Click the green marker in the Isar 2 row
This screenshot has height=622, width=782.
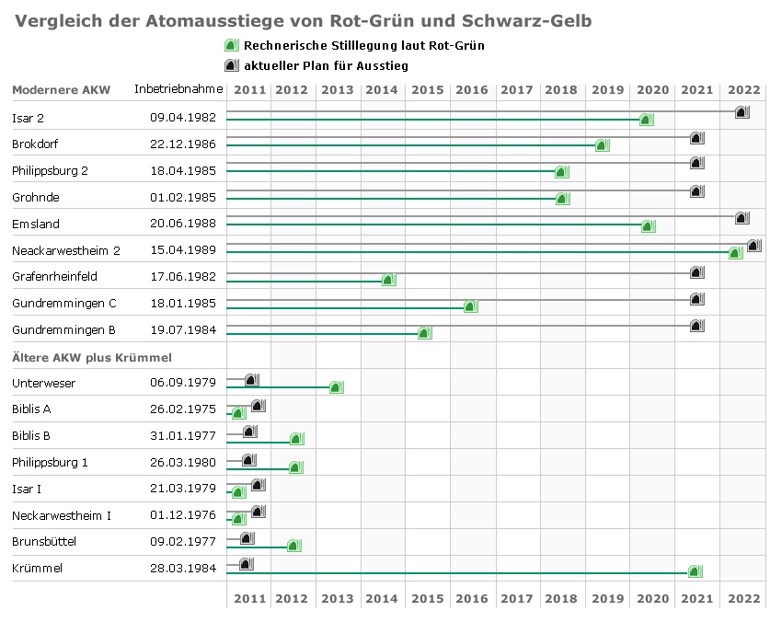pos(646,120)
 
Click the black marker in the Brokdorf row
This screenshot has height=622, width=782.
pos(696,138)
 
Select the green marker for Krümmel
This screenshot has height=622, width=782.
pos(695,571)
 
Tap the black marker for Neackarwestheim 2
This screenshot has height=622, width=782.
pos(753,245)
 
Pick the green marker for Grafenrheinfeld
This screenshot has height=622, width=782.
pos(388,280)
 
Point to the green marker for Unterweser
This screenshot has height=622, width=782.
pos(336,387)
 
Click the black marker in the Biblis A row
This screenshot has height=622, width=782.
pos(258,406)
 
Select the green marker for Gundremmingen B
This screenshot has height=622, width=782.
pos(424,333)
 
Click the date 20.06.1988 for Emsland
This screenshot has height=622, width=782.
pos(183,224)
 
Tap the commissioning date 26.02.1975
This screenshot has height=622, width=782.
pos(183,409)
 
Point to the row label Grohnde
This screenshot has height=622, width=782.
pos(35,197)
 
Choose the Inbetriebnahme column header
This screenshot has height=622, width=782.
pos(178,89)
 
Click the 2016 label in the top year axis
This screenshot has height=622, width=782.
pos(472,90)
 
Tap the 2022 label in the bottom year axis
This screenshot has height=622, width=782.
pos(743,599)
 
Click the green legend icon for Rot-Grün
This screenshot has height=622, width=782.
pos(232,46)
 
